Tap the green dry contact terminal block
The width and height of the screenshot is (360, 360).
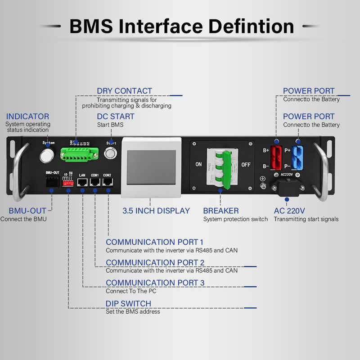[x=81, y=154]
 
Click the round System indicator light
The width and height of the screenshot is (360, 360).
[x=46, y=156]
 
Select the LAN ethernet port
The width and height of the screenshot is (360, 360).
[x=82, y=182]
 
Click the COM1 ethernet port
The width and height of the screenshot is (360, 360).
[x=95, y=182]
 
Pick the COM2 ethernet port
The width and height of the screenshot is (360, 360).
[x=108, y=182]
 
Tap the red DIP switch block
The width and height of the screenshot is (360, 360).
[x=68, y=181]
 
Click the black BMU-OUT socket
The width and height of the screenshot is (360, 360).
[x=52, y=182]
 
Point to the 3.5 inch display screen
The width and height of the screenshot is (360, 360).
[x=151, y=167]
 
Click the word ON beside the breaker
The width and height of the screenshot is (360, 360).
[x=198, y=165]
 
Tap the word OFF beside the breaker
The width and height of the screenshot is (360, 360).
[x=246, y=165]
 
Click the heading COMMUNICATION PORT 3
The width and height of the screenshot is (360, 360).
[x=155, y=283]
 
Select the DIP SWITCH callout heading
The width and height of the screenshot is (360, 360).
[x=128, y=303]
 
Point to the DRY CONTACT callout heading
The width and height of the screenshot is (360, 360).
[x=124, y=91]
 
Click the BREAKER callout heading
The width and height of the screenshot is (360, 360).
[x=220, y=211]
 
